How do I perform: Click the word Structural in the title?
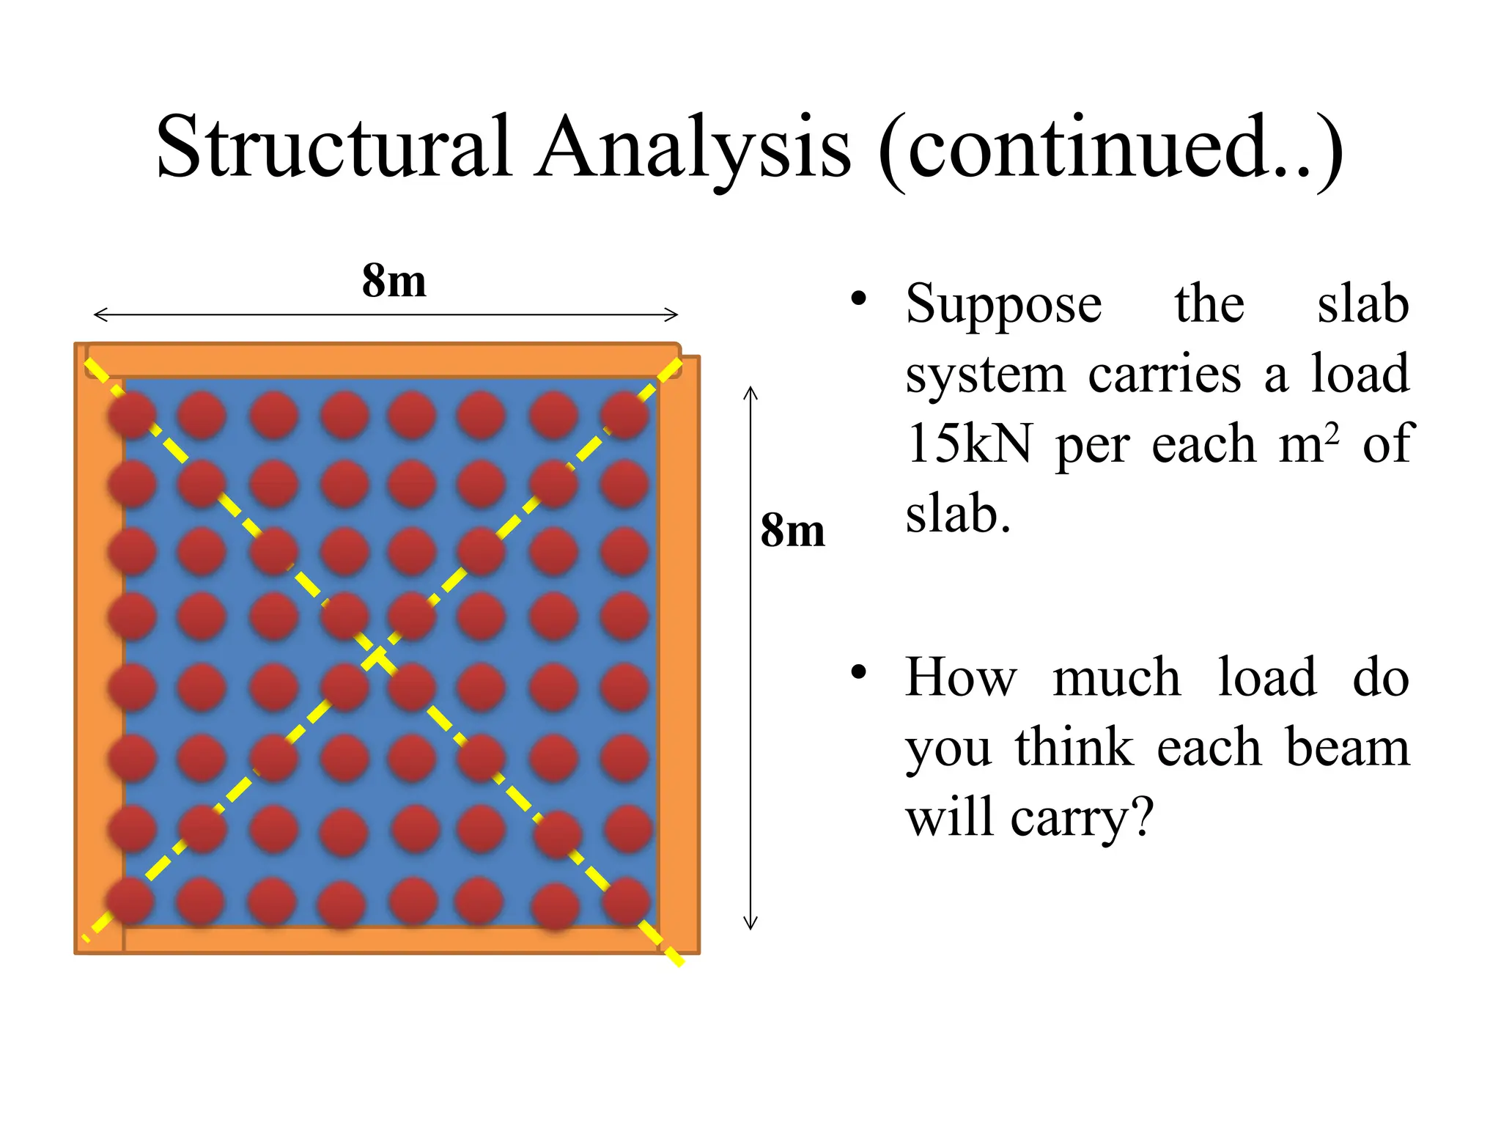coord(333,147)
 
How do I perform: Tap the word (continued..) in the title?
coord(1110,150)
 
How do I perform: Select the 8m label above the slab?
coord(394,281)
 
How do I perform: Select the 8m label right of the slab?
coord(792,531)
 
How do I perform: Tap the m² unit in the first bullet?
coord(1309,443)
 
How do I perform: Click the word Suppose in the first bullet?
coord(1003,305)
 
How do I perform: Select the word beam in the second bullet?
coord(1347,748)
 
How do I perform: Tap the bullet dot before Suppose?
coord(859,298)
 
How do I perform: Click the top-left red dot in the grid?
coord(132,415)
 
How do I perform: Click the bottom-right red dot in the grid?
coord(627,901)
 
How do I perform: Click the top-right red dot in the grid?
coord(624,415)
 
